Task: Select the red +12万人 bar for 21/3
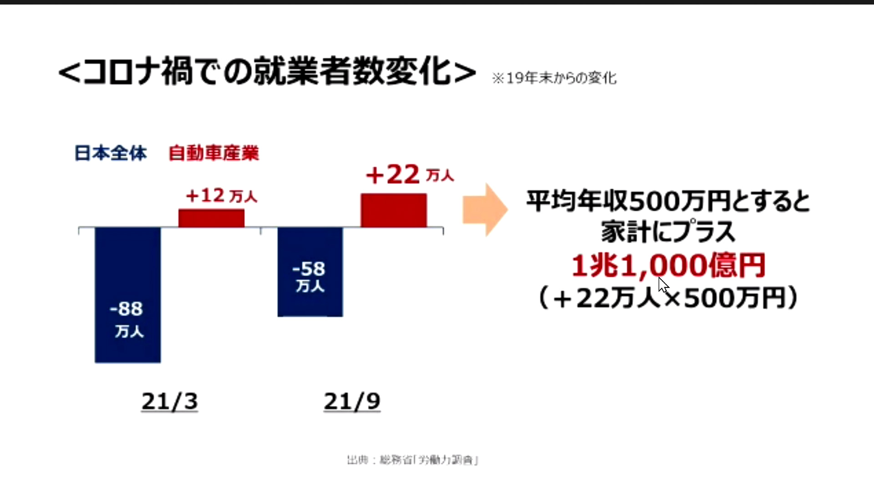pos(211,218)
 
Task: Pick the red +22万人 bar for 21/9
pos(394,210)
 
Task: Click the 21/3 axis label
pos(169,402)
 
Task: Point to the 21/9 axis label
pos(352,402)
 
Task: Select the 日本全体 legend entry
pos(111,153)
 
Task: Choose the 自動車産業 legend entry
pos(213,153)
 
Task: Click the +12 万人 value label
pos(221,196)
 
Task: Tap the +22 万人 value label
pos(410,175)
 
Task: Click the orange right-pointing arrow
pos(485,210)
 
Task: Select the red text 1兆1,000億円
pos(668,266)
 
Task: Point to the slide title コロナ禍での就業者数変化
pos(267,72)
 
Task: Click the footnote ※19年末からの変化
pos(554,78)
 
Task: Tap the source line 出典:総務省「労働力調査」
pos(412,460)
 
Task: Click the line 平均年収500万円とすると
pos(668,201)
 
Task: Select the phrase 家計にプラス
pos(668,232)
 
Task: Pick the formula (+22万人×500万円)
pos(668,298)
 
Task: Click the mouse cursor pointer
pos(663,285)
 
